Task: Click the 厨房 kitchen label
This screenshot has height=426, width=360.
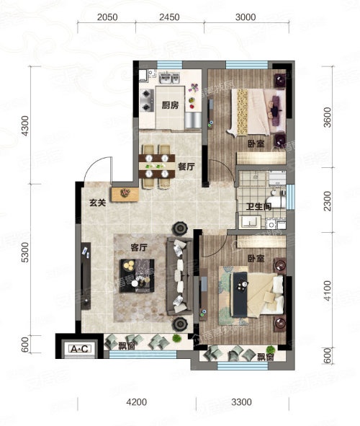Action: coord(170,105)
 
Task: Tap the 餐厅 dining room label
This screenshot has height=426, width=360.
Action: coord(186,167)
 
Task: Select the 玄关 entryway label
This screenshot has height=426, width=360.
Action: coord(97,203)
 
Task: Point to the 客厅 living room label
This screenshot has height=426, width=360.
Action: coord(139,247)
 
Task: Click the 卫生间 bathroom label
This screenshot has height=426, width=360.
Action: coord(258,207)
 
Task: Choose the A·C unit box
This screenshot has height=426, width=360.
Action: coord(79,349)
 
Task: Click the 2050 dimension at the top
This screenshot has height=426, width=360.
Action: coord(107,17)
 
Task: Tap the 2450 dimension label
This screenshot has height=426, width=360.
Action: coord(169,17)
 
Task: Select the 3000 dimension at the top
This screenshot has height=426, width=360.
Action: coord(246,17)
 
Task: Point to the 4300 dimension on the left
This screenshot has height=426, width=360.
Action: coord(24,126)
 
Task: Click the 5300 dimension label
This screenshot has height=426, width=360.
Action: coord(24,252)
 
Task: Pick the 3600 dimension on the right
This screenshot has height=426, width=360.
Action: coord(328,117)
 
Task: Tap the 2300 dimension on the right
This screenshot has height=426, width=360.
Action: coord(328,201)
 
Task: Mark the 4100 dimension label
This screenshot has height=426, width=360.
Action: coord(328,290)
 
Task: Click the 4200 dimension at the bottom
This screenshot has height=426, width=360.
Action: coord(137,402)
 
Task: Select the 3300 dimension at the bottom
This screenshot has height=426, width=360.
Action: coord(241,402)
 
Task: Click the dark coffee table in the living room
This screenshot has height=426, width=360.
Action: coord(137,276)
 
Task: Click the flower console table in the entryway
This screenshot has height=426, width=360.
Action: coord(125,194)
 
